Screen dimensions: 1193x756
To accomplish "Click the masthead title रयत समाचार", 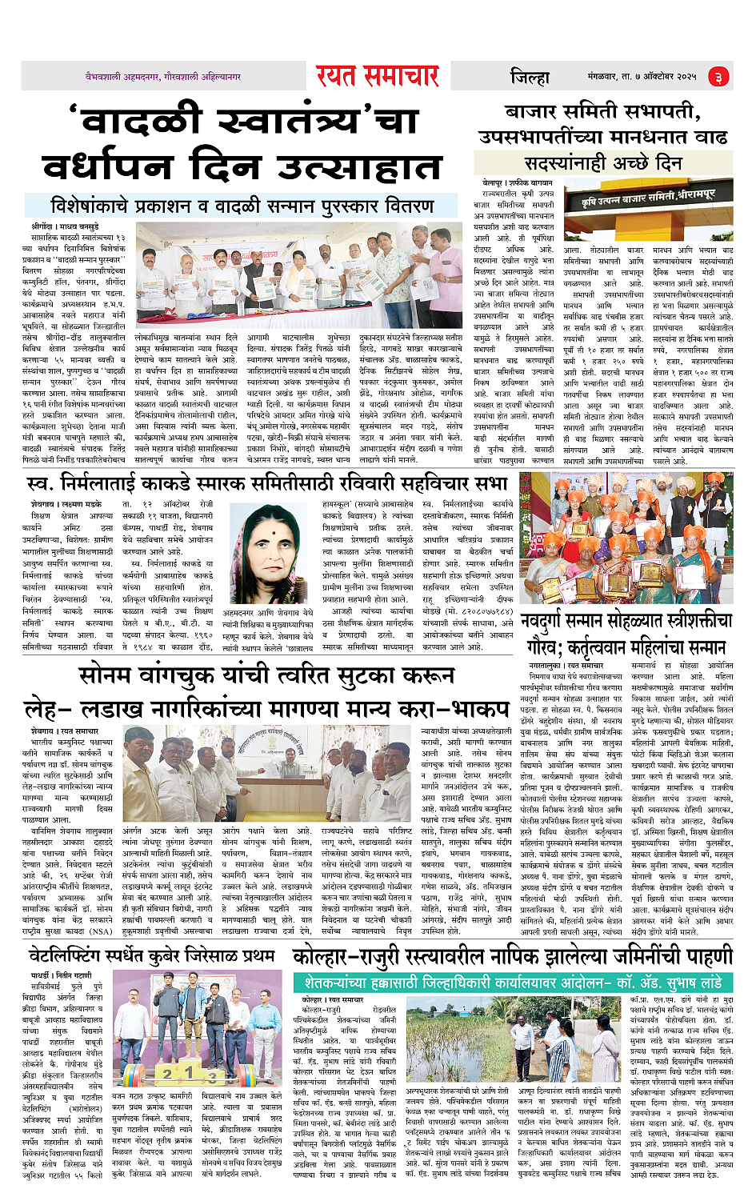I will [377, 76].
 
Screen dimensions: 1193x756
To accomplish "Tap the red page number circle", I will [718, 77].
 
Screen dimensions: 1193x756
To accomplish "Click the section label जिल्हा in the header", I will [530, 77].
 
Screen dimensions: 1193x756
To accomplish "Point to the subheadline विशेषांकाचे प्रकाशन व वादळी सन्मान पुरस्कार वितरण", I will [242, 206].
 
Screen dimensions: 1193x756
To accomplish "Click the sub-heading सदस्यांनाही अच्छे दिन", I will [603, 162].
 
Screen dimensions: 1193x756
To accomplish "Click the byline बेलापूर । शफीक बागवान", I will [517, 183].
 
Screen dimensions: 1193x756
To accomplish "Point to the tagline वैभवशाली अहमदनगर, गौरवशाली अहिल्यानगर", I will [163, 77].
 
